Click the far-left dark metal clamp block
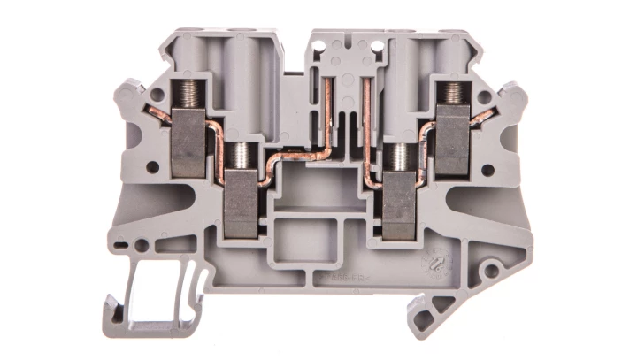coord(188,142)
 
